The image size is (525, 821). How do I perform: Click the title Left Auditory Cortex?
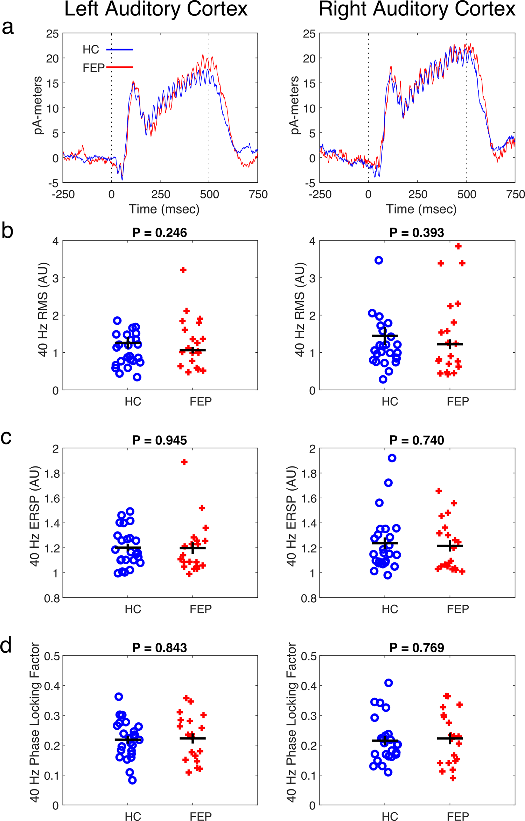click(156, 9)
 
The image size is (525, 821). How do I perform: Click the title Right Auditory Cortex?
click(416, 9)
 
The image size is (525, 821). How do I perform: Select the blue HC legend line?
click(120, 50)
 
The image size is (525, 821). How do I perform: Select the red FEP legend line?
click(120, 67)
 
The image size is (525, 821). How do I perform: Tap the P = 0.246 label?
click(160, 233)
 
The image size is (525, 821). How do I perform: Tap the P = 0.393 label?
click(416, 233)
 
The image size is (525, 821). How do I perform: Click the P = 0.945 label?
click(160, 440)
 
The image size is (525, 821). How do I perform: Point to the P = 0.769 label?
click(416, 648)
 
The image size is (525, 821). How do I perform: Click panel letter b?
click(7, 231)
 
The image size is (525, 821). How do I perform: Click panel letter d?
click(7, 645)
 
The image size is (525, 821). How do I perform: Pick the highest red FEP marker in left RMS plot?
click(183, 270)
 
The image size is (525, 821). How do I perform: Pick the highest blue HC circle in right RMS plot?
click(378, 260)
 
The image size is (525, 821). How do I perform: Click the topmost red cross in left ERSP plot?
click(184, 462)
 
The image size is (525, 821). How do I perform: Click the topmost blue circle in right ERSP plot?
click(392, 458)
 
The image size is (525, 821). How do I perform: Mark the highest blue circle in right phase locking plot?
click(388, 683)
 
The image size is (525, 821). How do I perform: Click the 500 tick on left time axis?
click(209, 195)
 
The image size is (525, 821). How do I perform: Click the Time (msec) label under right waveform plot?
click(421, 209)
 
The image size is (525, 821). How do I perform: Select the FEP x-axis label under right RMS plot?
click(457, 401)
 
